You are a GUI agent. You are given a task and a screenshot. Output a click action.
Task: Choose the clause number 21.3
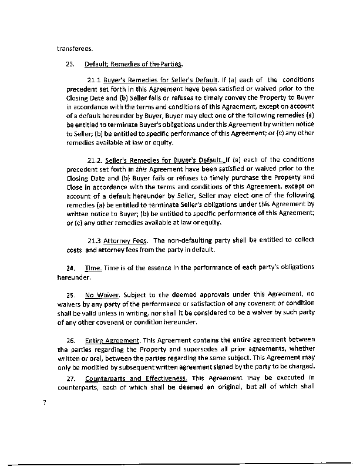pyautogui.click(x=95, y=241)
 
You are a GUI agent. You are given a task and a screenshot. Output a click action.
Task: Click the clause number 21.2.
pyautogui.click(x=95, y=160)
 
